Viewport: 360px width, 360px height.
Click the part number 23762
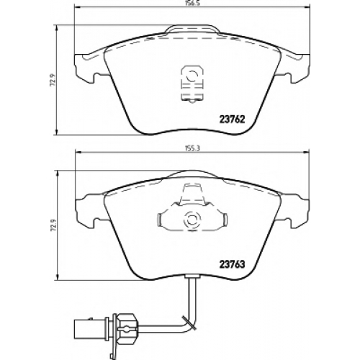pos(233,120)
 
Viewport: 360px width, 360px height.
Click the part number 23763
pos(233,264)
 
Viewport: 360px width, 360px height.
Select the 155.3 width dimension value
pos(192,148)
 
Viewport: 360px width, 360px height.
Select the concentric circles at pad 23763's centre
pos(192,220)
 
